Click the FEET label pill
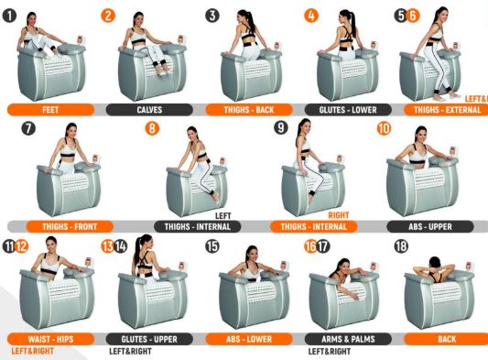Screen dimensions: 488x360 [x=50, y=110]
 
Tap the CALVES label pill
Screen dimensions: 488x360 [x=149, y=110]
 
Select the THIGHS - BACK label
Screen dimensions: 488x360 [x=249, y=110]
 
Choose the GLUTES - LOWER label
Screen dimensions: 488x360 [x=348, y=110]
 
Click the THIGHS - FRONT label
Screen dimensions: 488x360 [x=70, y=226]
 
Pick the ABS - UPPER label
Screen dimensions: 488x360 [x=430, y=226]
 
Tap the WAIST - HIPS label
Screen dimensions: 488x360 [x=50, y=339]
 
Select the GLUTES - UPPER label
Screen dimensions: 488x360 [x=149, y=339]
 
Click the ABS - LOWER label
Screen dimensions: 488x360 [x=249, y=339]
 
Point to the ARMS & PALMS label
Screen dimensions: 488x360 [x=348, y=339]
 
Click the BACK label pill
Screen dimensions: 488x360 [x=446, y=339]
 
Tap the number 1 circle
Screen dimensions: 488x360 [x=9, y=16]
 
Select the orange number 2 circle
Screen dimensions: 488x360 [x=108, y=16]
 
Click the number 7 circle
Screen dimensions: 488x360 [x=28, y=128]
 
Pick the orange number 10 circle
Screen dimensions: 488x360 [x=384, y=128]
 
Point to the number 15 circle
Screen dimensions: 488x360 [x=212, y=246]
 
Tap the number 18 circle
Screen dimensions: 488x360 [x=401, y=246]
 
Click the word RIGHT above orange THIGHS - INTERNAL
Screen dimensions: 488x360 [x=339, y=215]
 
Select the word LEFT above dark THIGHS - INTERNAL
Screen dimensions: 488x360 [x=223, y=215]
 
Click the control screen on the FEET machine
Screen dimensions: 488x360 [x=81, y=40]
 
